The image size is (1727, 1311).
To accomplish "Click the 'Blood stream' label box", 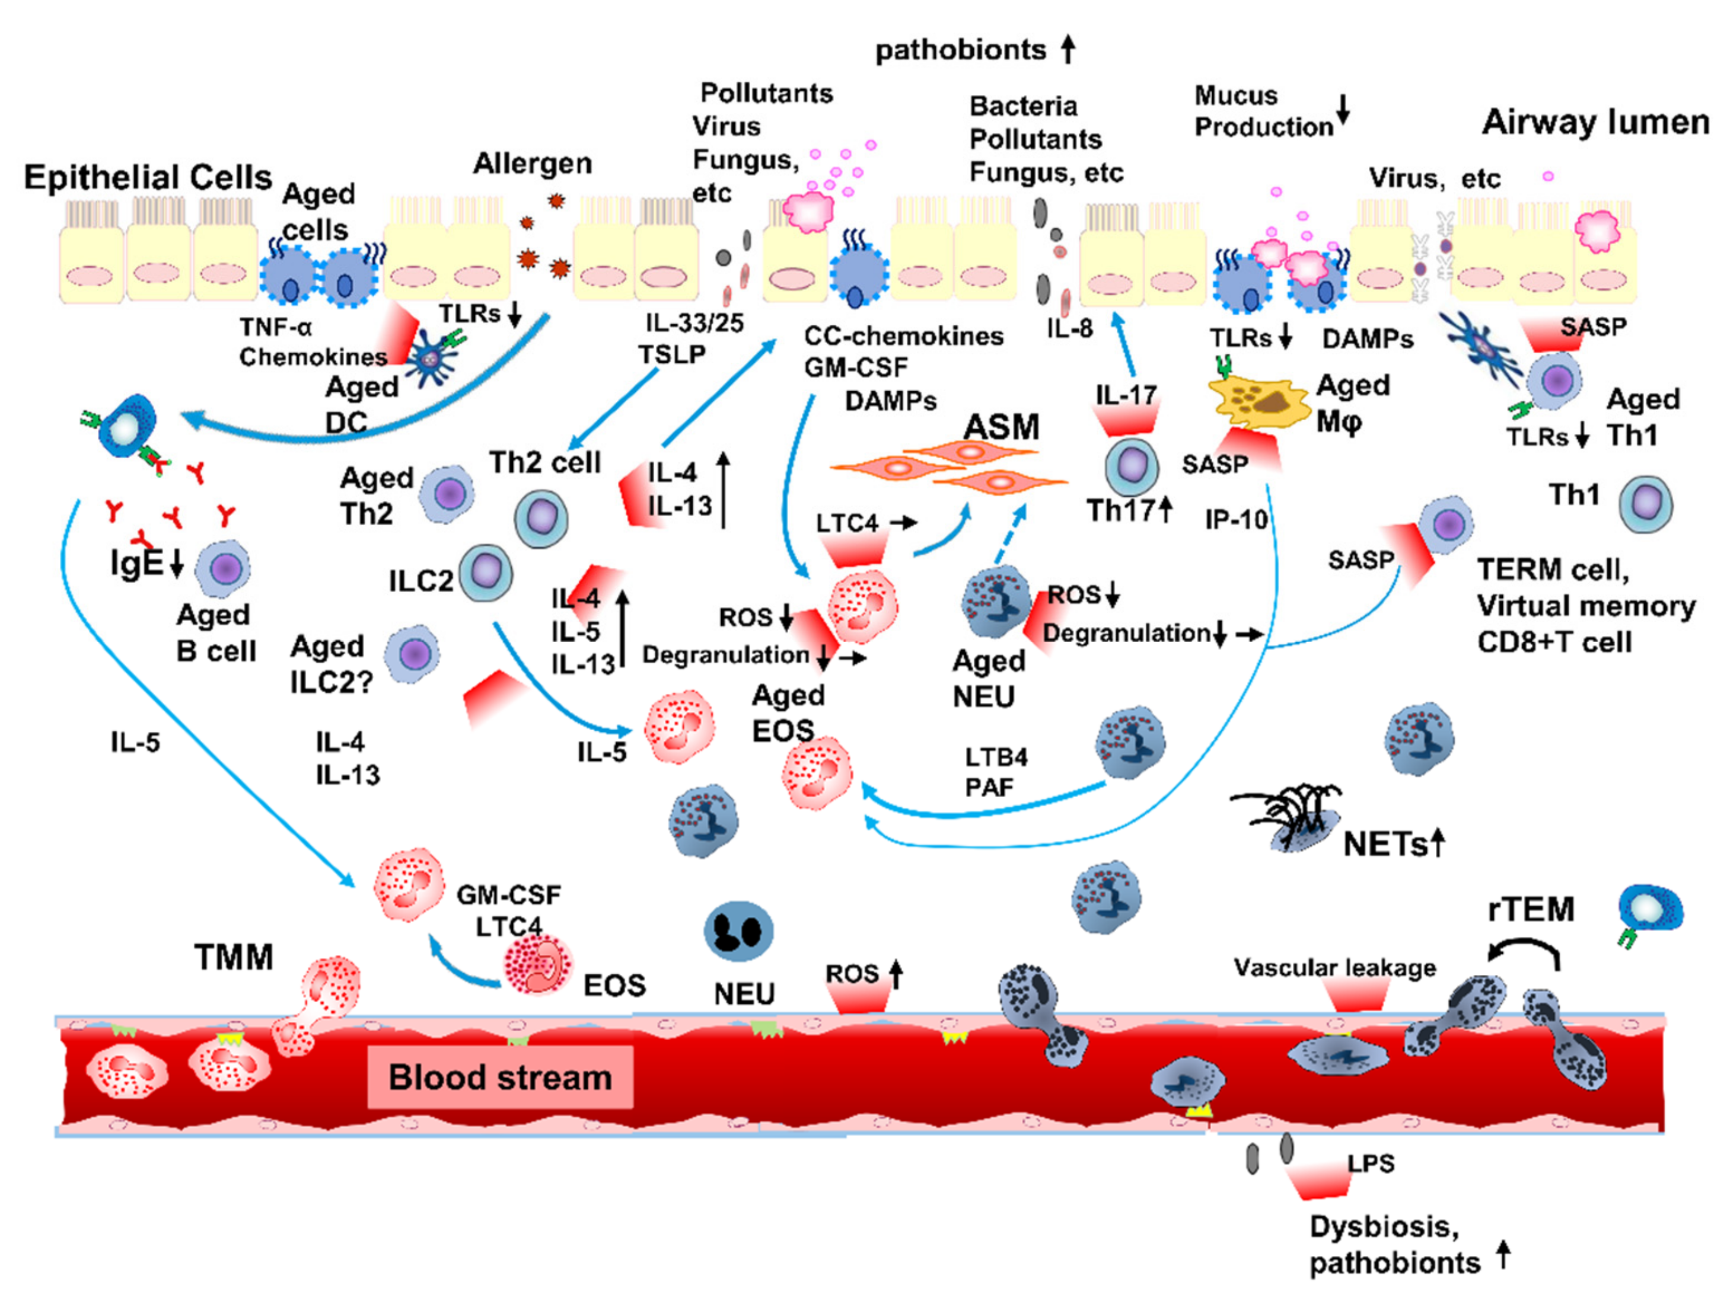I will click(x=500, y=1077).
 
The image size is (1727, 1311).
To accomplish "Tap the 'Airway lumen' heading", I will click(x=1595, y=123).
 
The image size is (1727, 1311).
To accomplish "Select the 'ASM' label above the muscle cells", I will click(x=1001, y=427).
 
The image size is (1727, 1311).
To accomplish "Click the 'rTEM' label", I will click(x=1530, y=910).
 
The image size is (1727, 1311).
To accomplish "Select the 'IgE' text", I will click(x=138, y=564).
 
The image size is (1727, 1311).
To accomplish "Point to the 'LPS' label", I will click(x=1370, y=1163).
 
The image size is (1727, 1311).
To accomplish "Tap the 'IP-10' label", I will click(x=1235, y=520).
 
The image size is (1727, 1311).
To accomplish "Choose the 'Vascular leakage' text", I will click(x=1334, y=968).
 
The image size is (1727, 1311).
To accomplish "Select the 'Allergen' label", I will click(x=533, y=164).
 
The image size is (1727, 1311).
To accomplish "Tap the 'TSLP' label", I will click(x=671, y=355).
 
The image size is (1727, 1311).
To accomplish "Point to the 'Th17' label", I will click(x=1120, y=511).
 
